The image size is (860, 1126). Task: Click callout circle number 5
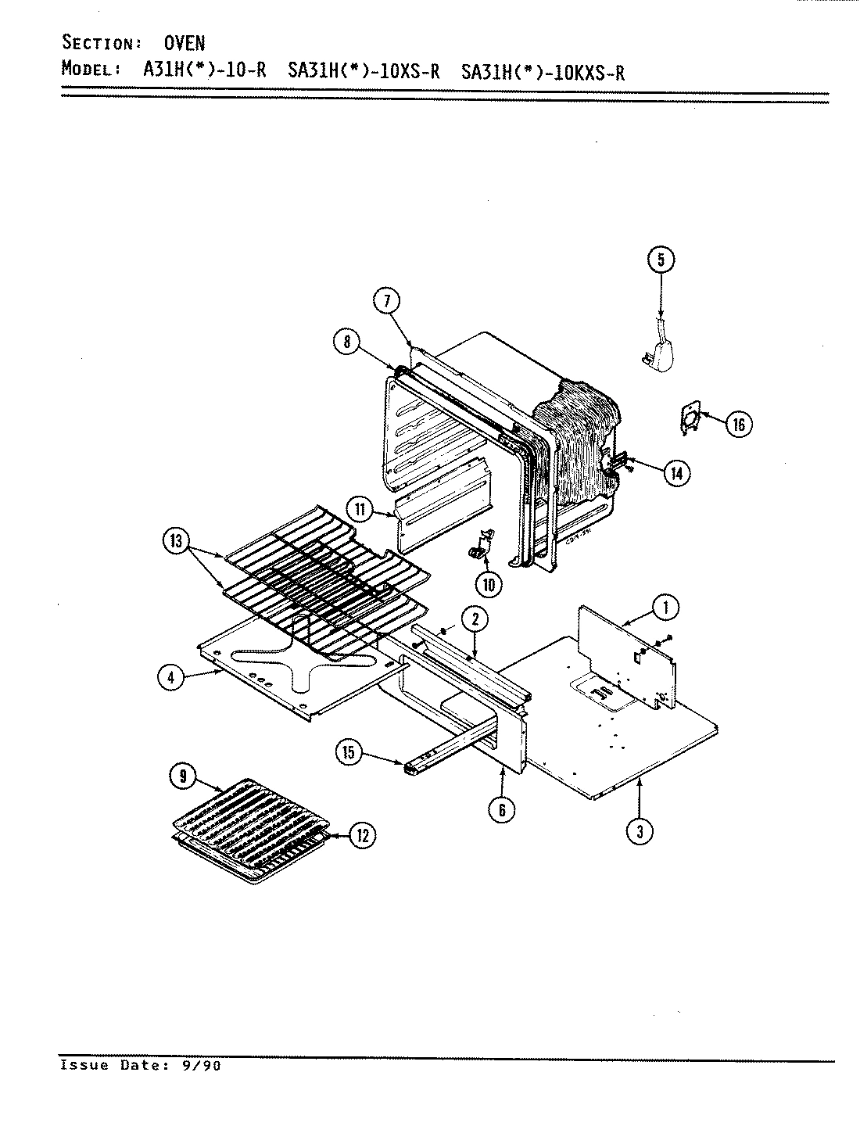point(661,260)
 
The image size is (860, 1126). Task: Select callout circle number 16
point(738,425)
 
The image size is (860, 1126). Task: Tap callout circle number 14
point(676,472)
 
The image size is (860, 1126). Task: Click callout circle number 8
point(346,342)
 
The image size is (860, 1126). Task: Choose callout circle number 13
point(176,540)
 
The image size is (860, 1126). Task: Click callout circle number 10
point(489,583)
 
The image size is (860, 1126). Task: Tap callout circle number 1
point(665,606)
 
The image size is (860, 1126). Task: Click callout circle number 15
point(349,753)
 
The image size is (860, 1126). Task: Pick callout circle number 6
point(501,810)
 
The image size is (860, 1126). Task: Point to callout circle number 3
point(640,832)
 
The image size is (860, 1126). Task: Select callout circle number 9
point(183,776)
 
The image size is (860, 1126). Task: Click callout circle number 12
point(362,835)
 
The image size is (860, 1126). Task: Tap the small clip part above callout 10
point(482,544)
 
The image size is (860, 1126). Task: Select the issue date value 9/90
point(201,1065)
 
